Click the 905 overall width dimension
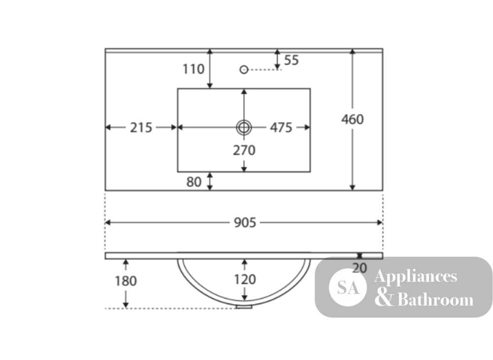point(245,222)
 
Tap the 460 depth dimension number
point(352,119)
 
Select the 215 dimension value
point(141,128)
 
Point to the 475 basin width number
point(281,128)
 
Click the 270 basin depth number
point(244,150)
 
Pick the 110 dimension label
point(193,69)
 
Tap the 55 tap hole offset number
point(291,60)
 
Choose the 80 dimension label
point(194,182)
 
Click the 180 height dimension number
point(125,281)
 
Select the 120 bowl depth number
point(245,279)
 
